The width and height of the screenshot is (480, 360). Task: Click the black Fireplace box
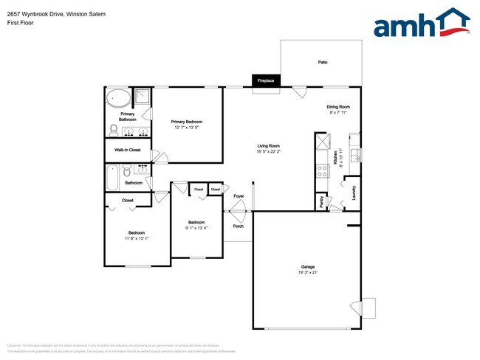point(266,80)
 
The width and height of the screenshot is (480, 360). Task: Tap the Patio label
point(323,63)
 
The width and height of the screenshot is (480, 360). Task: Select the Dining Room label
point(338,107)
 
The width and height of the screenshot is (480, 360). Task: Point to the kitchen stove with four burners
point(322,170)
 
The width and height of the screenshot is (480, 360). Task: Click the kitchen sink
point(354,155)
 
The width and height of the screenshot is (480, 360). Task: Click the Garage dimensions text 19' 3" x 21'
point(308,272)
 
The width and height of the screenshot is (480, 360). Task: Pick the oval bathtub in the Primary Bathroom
point(117,97)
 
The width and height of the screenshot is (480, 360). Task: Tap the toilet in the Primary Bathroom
point(114,130)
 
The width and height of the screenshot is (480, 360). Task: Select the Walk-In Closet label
point(127,150)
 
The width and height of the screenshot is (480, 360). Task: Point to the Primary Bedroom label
point(186,122)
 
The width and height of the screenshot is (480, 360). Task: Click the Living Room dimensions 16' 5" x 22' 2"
point(268,152)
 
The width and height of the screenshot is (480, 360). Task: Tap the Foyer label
point(238,196)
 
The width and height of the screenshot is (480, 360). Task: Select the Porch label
point(238,226)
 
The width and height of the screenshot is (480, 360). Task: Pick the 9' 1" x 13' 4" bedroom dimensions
point(196,228)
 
